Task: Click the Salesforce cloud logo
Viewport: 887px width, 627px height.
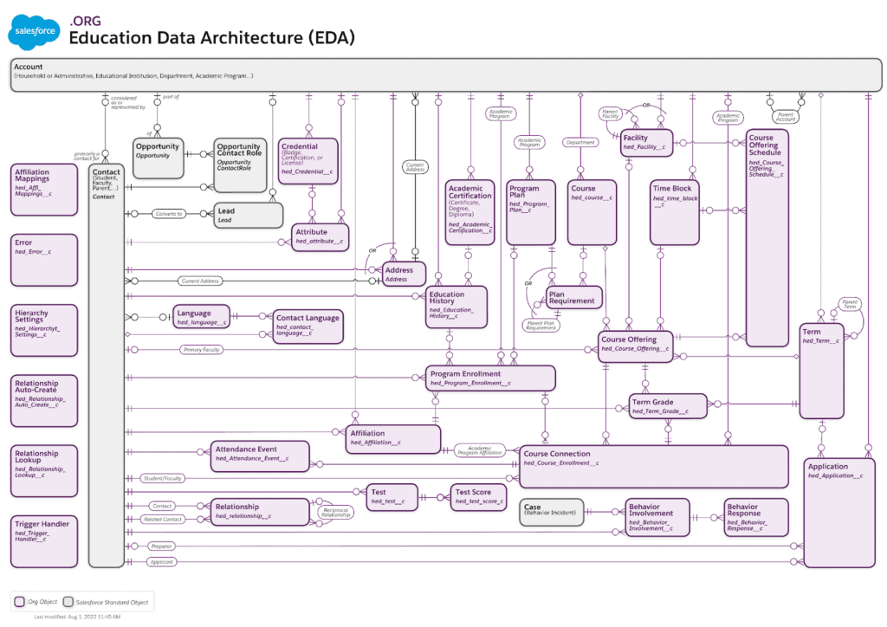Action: pyautogui.click(x=36, y=33)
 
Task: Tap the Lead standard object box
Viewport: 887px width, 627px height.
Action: pyautogui.click(x=249, y=215)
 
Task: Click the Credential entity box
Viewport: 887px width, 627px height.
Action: pyautogui.click(x=308, y=160)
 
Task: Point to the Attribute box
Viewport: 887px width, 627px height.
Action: pyautogui.click(x=320, y=236)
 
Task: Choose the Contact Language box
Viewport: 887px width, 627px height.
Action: pyautogui.click(x=308, y=326)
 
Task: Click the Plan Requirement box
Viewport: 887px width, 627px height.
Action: pyautogui.click(x=573, y=298)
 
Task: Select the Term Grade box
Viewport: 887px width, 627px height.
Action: pyautogui.click(x=668, y=406)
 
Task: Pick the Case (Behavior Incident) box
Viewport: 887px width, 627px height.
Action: pyautogui.click(x=552, y=512)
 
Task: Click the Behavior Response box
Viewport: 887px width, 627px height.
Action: pyautogui.click(x=755, y=517)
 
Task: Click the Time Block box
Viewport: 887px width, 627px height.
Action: pyautogui.click(x=676, y=211)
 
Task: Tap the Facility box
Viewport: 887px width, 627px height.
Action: pyautogui.click(x=646, y=142)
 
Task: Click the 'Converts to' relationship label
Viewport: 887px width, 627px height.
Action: pyautogui.click(x=169, y=213)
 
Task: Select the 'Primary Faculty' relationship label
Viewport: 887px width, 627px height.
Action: pyautogui.click(x=202, y=350)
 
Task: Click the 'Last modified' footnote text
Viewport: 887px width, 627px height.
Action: pyautogui.click(x=77, y=617)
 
